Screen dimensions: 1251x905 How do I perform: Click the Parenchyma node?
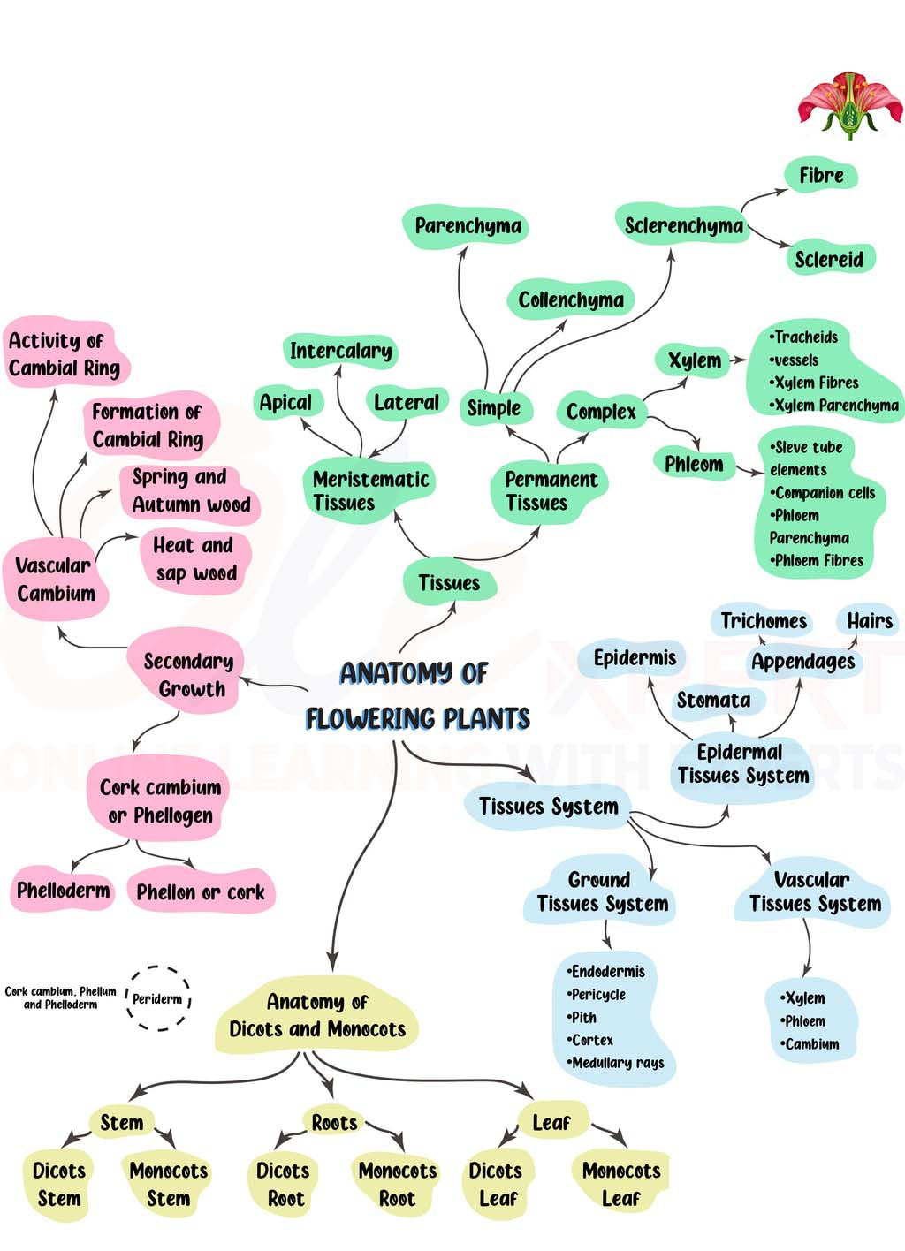(x=468, y=226)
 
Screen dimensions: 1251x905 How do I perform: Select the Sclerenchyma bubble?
(x=683, y=226)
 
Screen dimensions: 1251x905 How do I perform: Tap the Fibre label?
(x=821, y=176)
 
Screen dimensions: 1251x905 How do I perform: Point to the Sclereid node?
(x=828, y=259)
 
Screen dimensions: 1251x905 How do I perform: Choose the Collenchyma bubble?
(x=570, y=300)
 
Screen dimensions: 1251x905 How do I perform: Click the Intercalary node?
(x=340, y=351)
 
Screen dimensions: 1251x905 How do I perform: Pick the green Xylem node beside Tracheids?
(x=695, y=360)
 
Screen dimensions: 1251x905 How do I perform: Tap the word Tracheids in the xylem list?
(x=805, y=337)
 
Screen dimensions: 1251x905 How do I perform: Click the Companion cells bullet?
(x=824, y=493)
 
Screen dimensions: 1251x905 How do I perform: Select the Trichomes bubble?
(x=764, y=621)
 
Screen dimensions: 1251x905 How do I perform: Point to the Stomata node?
(x=713, y=701)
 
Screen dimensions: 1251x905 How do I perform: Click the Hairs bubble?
(x=870, y=621)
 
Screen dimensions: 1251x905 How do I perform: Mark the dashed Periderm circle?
(x=158, y=998)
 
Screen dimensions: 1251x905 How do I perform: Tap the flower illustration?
(x=849, y=105)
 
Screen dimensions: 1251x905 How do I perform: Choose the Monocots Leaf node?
(x=621, y=1184)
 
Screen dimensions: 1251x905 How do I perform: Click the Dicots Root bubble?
(x=283, y=1184)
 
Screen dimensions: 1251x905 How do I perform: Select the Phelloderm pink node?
(x=64, y=891)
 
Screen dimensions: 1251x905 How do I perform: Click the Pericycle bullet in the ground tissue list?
(x=598, y=995)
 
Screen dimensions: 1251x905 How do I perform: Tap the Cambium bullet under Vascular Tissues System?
(x=811, y=1044)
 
